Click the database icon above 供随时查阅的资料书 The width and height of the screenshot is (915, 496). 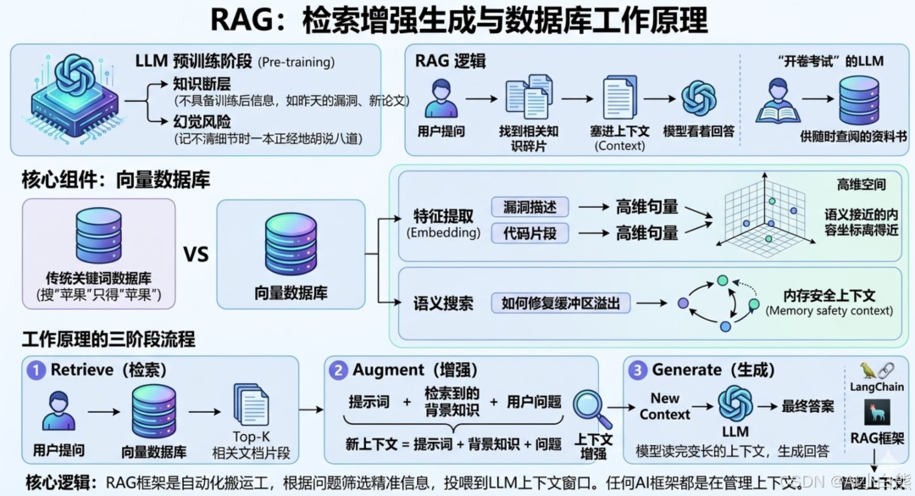click(x=859, y=100)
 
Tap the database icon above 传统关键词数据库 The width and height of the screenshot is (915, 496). click(x=98, y=235)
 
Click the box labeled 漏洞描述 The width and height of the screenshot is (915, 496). click(x=530, y=207)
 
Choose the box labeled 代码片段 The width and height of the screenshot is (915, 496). click(x=530, y=232)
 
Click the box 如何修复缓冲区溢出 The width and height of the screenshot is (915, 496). click(x=561, y=303)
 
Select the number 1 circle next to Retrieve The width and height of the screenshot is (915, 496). click(x=36, y=370)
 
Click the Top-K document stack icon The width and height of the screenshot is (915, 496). click(x=251, y=404)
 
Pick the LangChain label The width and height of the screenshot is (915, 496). click(x=878, y=387)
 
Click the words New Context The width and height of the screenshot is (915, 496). click(x=665, y=406)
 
